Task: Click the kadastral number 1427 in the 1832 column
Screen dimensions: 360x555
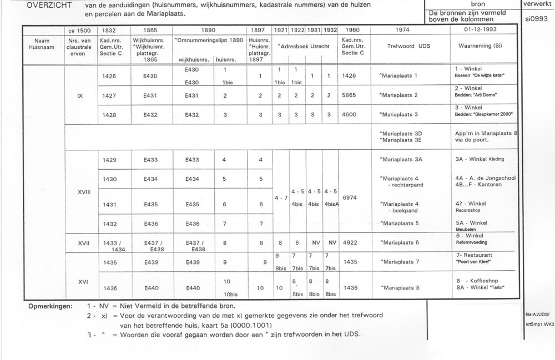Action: point(110,95)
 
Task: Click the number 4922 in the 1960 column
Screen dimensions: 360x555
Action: point(350,242)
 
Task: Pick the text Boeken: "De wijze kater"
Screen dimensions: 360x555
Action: point(481,75)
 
